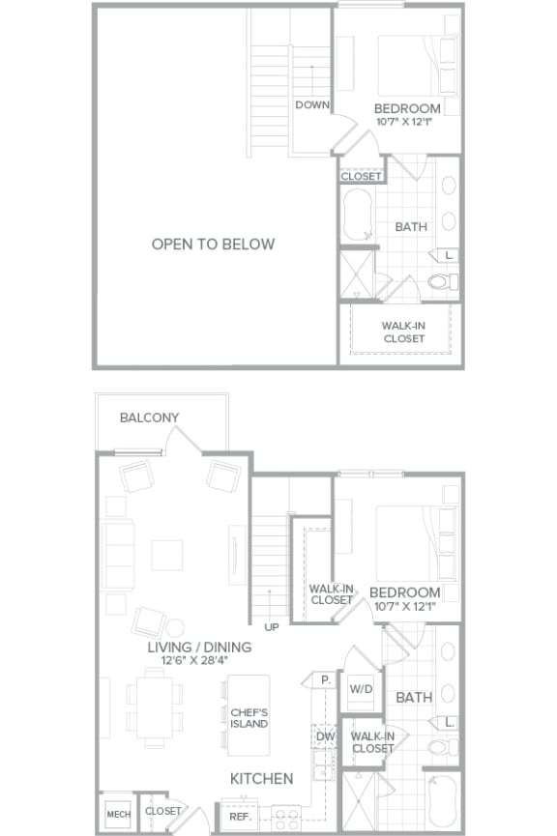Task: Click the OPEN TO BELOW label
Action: click(213, 245)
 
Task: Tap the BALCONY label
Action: click(149, 418)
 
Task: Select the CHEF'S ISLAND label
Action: click(249, 717)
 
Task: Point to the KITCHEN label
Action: click(261, 778)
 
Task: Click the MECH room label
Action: click(117, 812)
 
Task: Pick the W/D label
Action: click(361, 690)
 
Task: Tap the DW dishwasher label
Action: click(325, 737)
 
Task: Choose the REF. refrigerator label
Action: click(241, 816)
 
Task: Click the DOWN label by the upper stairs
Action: click(312, 105)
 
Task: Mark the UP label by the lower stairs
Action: click(272, 627)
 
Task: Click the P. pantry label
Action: click(327, 680)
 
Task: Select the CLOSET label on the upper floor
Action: click(362, 177)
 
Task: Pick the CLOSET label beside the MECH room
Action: click(162, 812)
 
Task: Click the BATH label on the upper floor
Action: click(411, 227)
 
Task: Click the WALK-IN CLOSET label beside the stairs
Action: click(331, 593)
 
